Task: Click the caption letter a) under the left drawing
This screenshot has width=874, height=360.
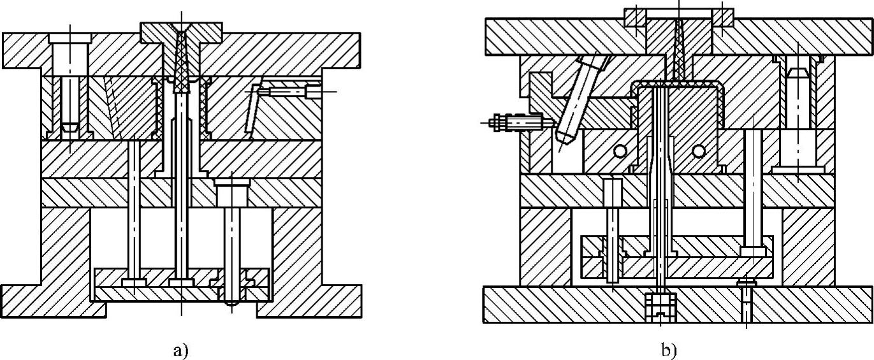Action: (x=180, y=350)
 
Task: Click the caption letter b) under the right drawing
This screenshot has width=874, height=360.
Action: (x=669, y=350)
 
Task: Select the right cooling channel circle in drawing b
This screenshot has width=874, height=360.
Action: (x=699, y=151)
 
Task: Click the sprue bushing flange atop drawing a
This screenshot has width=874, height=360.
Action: (x=153, y=31)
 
